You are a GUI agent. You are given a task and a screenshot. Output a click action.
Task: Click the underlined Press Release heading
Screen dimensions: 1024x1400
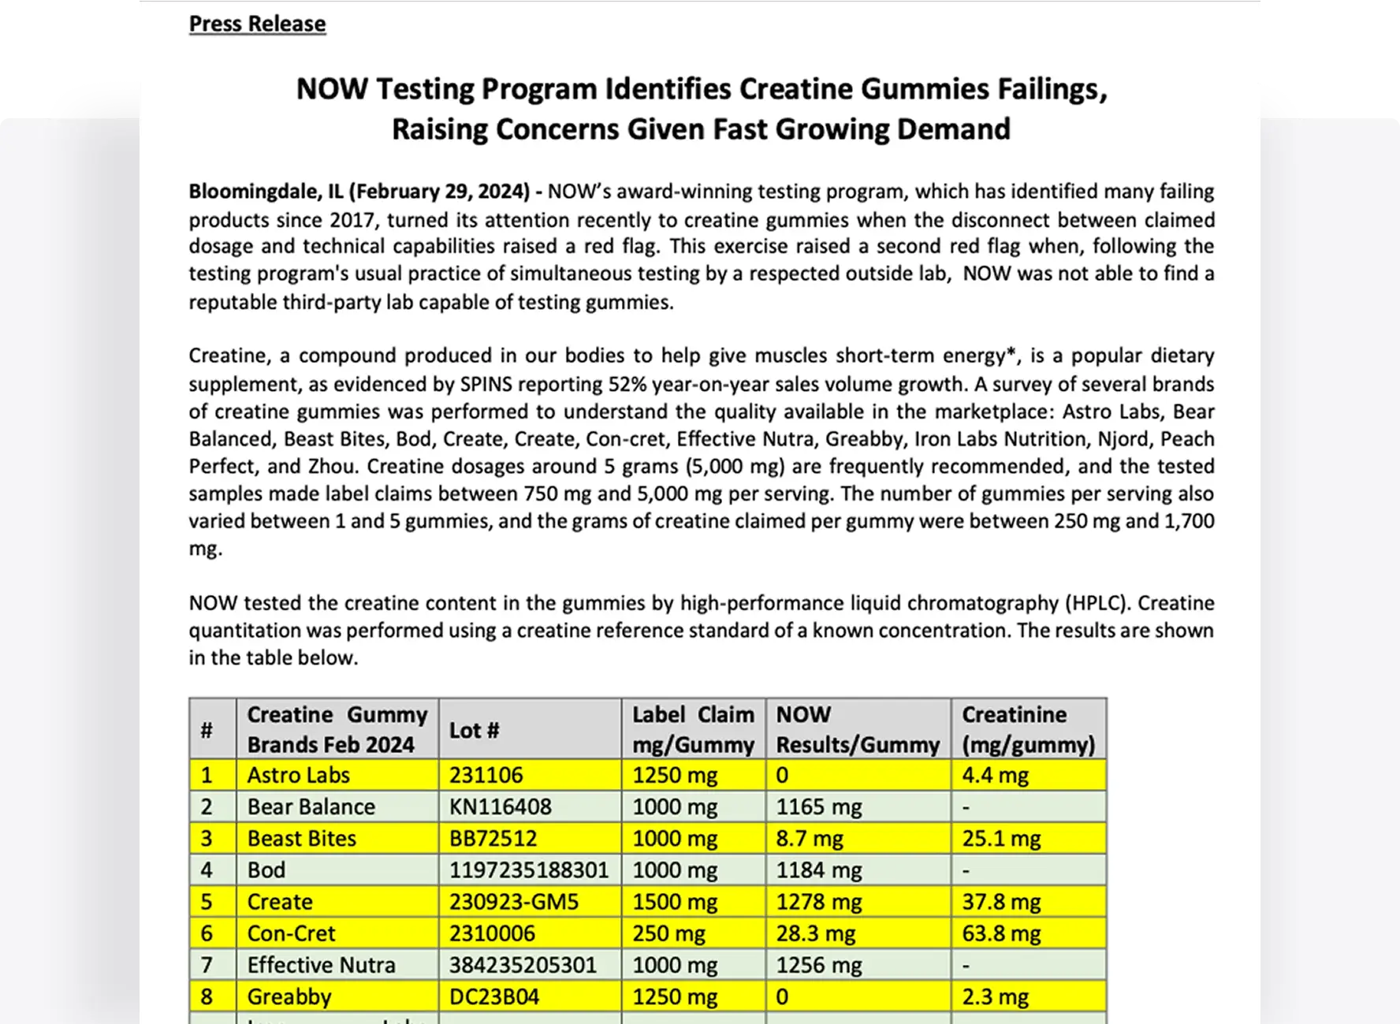[257, 24]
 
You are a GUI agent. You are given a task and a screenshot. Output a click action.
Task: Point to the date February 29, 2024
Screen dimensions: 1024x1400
[440, 192]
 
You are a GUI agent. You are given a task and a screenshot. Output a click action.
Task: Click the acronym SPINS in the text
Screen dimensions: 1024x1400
[486, 384]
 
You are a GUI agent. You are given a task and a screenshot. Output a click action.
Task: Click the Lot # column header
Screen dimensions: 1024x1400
[474, 730]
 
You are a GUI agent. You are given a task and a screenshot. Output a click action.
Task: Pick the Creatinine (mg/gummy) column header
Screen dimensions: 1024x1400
[1028, 729]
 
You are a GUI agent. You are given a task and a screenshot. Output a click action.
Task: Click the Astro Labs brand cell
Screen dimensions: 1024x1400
[298, 775]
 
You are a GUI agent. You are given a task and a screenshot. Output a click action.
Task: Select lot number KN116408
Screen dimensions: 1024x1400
[500, 806]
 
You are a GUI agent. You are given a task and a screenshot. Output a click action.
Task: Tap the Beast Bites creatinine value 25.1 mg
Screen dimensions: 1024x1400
[1001, 838]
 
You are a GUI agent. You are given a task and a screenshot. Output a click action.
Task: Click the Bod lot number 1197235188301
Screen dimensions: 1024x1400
[529, 869]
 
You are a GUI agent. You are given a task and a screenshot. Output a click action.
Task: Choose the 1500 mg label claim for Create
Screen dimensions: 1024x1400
[675, 901]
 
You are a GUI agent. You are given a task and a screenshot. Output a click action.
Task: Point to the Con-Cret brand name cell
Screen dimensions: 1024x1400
[291, 933]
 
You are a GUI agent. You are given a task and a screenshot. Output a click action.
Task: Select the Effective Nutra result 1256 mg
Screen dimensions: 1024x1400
[818, 965]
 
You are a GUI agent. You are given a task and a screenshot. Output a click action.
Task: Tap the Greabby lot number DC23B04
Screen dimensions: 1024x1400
[494, 996]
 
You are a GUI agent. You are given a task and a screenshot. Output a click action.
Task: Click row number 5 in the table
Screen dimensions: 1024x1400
[207, 901]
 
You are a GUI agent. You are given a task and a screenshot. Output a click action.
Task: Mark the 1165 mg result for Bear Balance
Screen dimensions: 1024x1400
[818, 806]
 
